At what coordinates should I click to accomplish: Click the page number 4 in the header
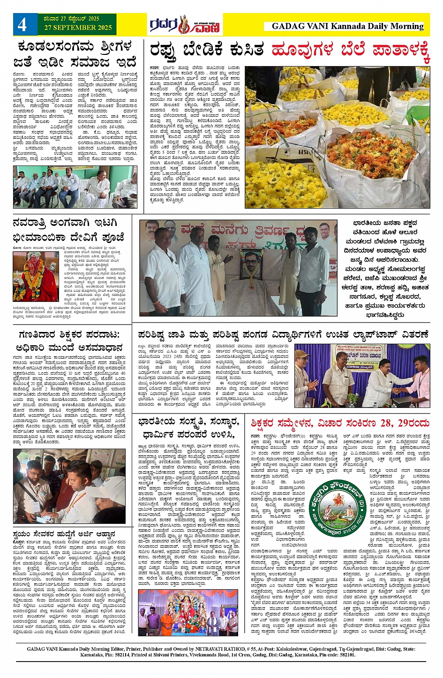[x=22, y=24]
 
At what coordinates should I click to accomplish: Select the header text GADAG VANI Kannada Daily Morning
[x=347, y=26]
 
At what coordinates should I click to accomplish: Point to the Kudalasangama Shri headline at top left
[x=75, y=54]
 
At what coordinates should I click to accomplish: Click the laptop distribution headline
[x=283, y=334]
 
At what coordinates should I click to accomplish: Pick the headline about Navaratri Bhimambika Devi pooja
[x=68, y=229]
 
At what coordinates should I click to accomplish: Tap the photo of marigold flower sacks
[x=337, y=137]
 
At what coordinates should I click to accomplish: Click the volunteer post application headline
[x=65, y=534]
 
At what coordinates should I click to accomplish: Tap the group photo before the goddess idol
[x=188, y=612]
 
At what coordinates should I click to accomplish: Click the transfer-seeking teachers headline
[x=69, y=341]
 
